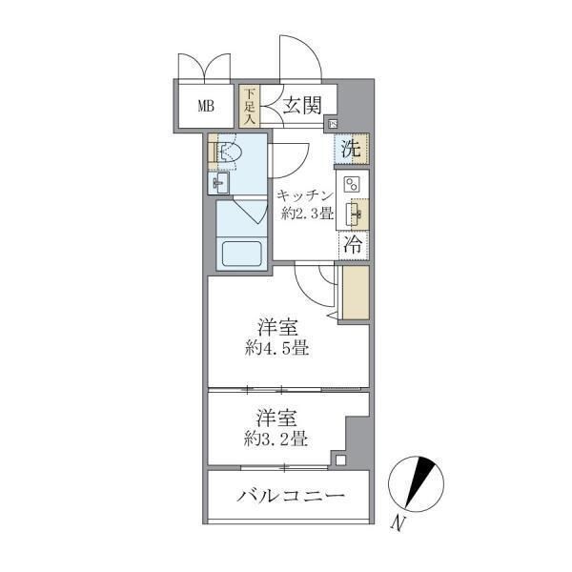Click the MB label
click(206, 106)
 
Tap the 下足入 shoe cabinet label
click(249, 106)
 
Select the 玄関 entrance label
click(300, 106)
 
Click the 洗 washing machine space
click(351, 149)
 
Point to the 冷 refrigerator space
click(351, 243)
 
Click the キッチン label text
click(304, 195)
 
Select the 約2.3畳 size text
click(306, 214)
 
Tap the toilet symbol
click(226, 153)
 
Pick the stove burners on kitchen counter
click(351, 185)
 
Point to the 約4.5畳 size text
click(275, 349)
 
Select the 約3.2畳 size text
click(275, 439)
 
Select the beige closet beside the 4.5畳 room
click(355, 293)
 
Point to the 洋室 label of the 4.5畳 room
click(274, 327)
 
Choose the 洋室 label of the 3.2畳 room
click(274, 417)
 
